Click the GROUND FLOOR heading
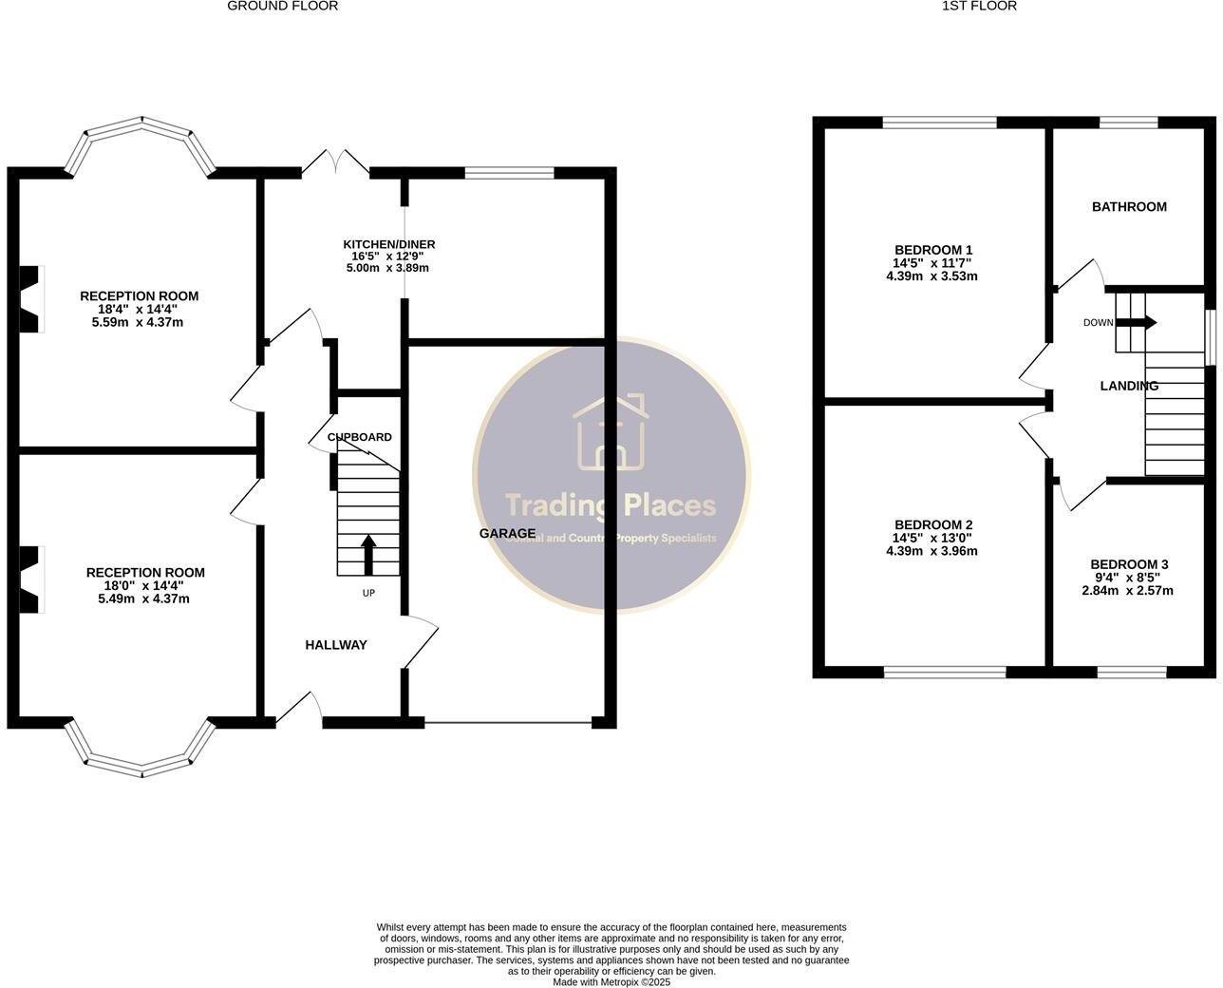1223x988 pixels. click(282, 6)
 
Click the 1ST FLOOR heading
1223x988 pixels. click(979, 6)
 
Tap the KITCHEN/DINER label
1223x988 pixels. click(388, 244)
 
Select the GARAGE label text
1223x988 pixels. click(507, 534)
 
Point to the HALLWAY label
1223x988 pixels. click(335, 645)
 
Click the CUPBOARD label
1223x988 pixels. click(360, 437)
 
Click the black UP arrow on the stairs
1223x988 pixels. click(368, 555)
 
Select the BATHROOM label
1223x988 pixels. click(1129, 207)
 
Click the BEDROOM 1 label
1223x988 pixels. click(932, 251)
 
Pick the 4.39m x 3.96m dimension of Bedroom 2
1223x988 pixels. click(931, 551)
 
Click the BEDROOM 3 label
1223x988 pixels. click(1129, 564)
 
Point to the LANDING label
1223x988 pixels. click(1129, 386)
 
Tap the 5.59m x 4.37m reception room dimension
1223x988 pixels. click(138, 322)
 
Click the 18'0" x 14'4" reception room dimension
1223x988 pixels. click(145, 586)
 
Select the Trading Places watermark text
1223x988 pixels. click(611, 504)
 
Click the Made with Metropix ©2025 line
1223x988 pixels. click(611, 982)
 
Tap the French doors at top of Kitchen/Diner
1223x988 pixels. click(335, 163)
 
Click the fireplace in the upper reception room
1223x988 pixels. click(31, 298)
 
